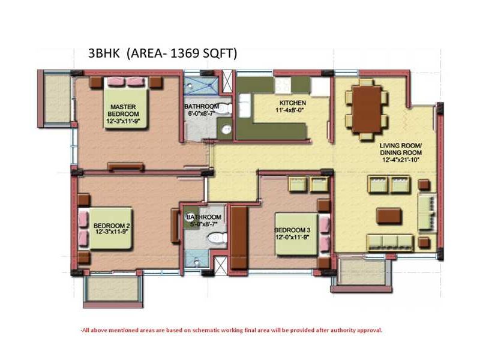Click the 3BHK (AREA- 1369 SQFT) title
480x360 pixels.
[163, 53]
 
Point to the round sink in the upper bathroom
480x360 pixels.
[226, 129]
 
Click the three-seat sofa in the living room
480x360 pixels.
[389, 242]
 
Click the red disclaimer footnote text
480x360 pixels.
[231, 330]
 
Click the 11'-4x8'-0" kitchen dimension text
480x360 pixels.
[291, 110]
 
